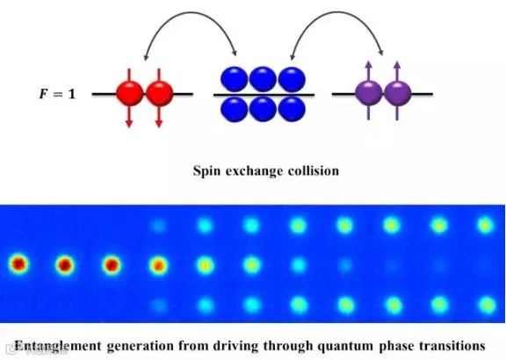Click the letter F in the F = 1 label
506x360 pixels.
point(44,94)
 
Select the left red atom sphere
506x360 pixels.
point(129,93)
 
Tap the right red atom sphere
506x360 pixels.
point(159,93)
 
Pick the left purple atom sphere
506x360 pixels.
point(369,93)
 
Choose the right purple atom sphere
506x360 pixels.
point(398,93)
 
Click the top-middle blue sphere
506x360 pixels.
point(263,79)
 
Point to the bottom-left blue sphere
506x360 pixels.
point(234,110)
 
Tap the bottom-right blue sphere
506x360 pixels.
point(292,110)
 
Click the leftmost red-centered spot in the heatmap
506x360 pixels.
point(18,264)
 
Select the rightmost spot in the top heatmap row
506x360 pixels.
point(486,225)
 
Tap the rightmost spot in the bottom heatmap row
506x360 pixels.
point(488,305)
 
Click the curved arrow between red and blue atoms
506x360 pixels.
point(191,12)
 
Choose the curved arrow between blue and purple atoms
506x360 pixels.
point(337,12)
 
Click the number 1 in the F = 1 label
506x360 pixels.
point(71,94)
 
